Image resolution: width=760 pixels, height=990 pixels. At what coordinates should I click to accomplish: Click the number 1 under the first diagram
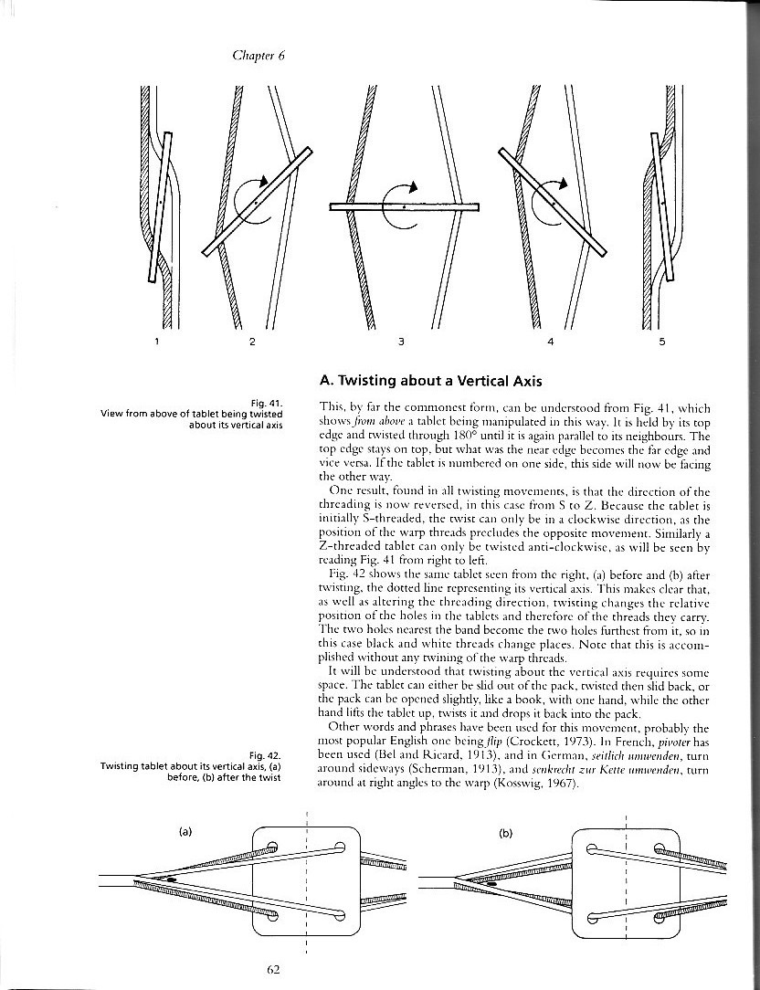(158, 343)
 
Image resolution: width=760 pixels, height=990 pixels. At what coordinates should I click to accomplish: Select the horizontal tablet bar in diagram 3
(405, 206)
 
